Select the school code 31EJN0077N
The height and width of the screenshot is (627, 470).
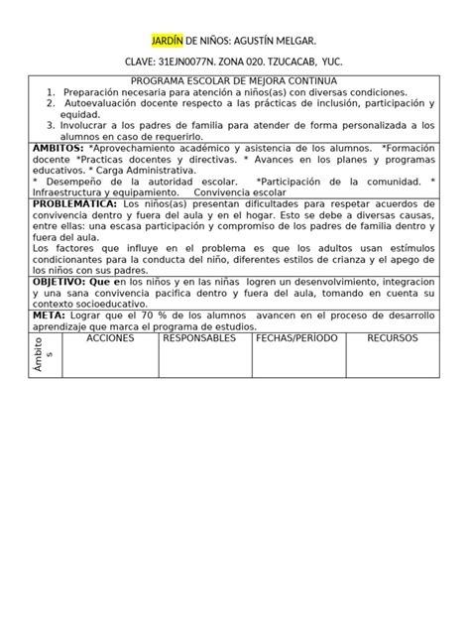[x=193, y=62]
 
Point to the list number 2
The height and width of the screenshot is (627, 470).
[x=50, y=103]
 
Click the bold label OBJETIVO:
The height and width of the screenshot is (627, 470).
[x=64, y=282]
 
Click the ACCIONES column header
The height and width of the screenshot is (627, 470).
[x=109, y=338]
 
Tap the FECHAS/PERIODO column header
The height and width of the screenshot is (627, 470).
[x=296, y=338]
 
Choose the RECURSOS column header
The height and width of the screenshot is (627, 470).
[x=393, y=338]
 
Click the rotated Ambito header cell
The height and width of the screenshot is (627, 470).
[x=48, y=354]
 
